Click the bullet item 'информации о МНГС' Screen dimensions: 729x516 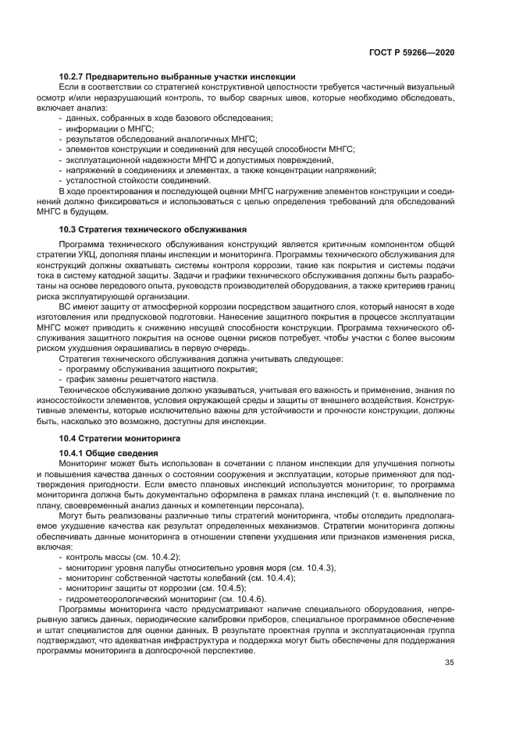(109, 128)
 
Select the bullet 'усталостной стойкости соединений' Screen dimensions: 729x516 (127, 179)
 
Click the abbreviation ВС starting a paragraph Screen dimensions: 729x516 (66, 306)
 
